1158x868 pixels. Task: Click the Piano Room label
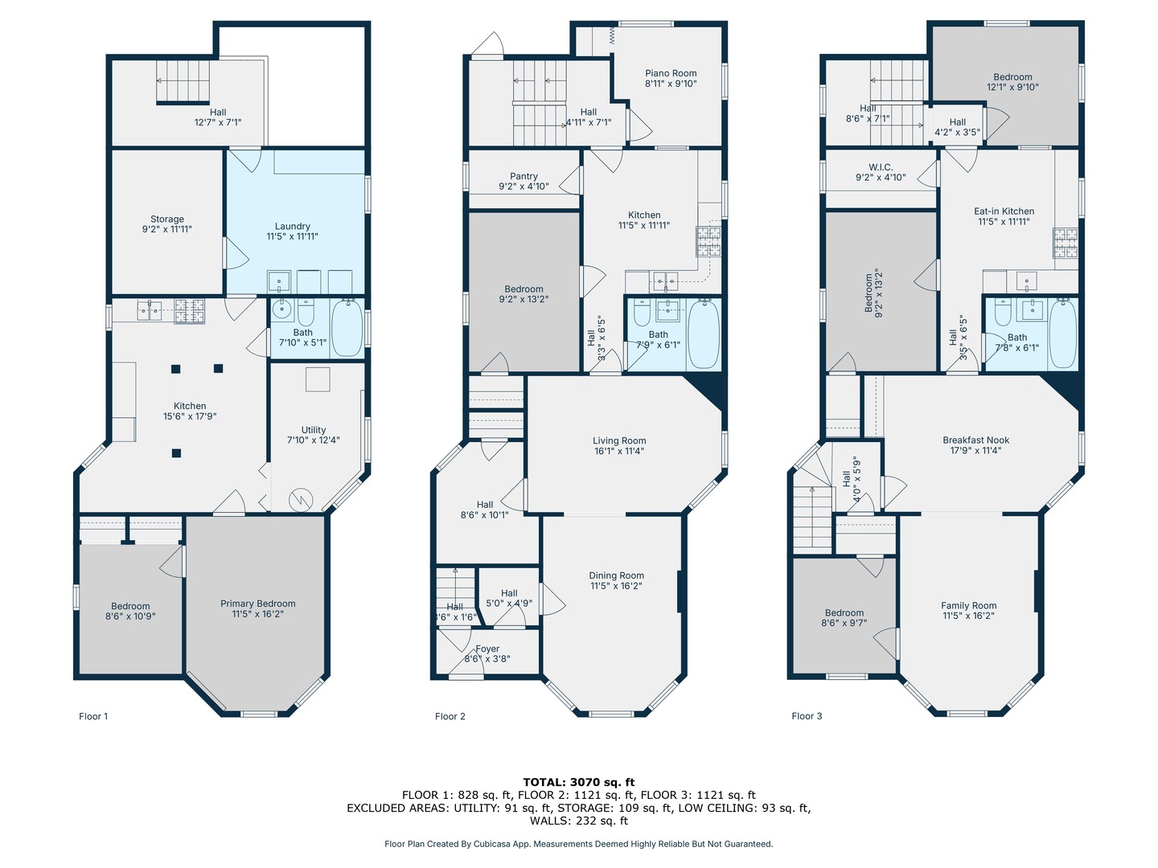point(671,73)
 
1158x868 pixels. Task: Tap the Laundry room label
point(292,226)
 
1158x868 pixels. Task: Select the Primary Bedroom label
point(258,604)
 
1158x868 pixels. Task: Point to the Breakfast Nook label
point(976,440)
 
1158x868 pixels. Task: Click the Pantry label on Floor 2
point(524,176)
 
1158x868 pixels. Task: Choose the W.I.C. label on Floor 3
point(881,167)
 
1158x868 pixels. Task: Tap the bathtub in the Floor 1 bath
point(347,328)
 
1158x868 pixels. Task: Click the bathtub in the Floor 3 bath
point(1063,333)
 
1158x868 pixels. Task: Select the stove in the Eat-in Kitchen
point(1066,243)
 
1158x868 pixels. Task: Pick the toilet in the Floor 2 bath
point(642,313)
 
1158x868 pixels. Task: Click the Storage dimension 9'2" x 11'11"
point(166,229)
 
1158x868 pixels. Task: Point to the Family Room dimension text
point(968,616)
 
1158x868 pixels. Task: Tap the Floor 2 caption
point(450,716)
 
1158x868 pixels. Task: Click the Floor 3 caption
point(807,715)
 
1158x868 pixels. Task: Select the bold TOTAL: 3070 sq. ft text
point(579,782)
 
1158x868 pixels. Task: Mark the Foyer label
point(487,649)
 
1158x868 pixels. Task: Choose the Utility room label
point(314,429)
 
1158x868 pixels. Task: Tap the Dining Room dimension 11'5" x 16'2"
point(616,586)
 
